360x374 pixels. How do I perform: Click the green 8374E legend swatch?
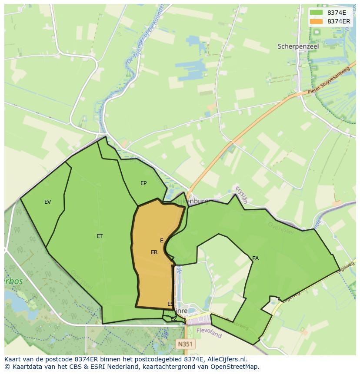(x=316, y=13)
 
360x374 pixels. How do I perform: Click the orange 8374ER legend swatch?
(x=316, y=21)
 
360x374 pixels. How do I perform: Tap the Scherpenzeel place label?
(x=298, y=46)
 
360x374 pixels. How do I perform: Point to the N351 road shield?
(x=185, y=344)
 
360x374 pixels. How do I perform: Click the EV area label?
(x=48, y=202)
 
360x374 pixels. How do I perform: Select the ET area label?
(x=100, y=236)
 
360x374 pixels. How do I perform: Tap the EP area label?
(x=143, y=183)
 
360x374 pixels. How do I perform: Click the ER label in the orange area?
(x=154, y=252)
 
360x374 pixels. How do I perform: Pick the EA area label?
(x=256, y=258)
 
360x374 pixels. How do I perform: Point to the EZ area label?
(x=173, y=319)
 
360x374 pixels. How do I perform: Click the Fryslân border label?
(x=241, y=195)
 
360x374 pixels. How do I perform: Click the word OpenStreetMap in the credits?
(x=237, y=367)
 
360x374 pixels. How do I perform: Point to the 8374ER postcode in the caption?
(x=87, y=359)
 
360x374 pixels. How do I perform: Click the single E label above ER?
(x=162, y=241)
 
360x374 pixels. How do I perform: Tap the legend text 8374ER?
(x=339, y=21)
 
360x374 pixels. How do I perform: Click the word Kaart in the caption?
(x=13, y=359)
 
